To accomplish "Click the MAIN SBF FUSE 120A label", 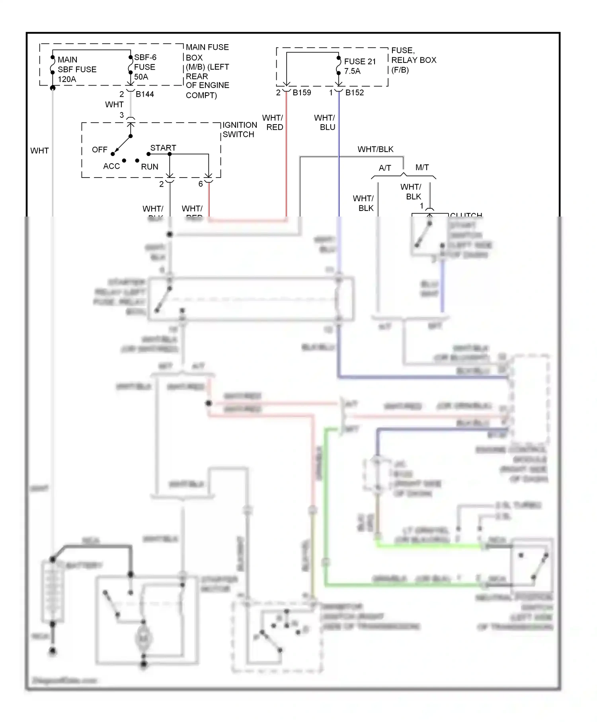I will point(77,69).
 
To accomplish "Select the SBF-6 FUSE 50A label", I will point(144,67).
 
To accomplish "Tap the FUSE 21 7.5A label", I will point(359,66).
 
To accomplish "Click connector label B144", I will point(144,94).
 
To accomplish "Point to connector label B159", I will point(302,93).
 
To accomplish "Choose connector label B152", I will point(354,93).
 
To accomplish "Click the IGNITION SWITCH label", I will point(240,130).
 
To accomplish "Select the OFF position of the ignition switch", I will point(99,150).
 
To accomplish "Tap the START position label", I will point(163,148).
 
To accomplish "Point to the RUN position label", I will point(150,167).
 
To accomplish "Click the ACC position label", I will point(111,166).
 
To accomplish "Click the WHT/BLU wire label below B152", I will point(325,123).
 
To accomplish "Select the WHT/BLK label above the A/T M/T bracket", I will point(375,149).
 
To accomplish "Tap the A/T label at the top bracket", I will point(384,168).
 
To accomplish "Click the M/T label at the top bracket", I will point(422,168).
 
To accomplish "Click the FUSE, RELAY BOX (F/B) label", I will point(414,60).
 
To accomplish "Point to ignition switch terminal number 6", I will point(201,184).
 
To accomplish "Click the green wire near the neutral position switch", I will point(398,585).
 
